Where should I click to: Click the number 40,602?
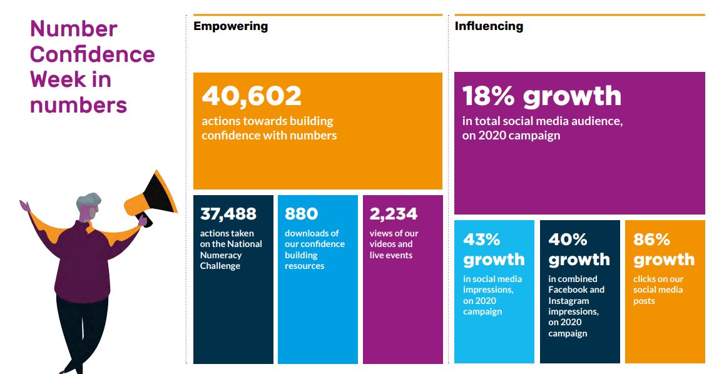click(252, 96)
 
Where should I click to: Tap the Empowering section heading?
click(230, 26)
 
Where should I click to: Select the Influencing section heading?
click(489, 26)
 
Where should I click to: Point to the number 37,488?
click(228, 214)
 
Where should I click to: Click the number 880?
click(302, 214)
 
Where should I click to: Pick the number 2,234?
click(394, 214)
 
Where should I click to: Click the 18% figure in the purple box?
click(489, 96)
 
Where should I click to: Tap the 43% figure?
click(482, 240)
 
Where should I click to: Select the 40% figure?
click(568, 240)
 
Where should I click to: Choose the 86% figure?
click(651, 240)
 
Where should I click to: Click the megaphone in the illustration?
click(151, 197)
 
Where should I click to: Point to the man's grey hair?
click(88, 201)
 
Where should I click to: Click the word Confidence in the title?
click(93, 54)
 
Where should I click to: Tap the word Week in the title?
click(58, 80)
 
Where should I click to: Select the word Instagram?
click(569, 301)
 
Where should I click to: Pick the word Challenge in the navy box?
click(220, 266)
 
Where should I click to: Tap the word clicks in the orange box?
click(645, 279)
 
